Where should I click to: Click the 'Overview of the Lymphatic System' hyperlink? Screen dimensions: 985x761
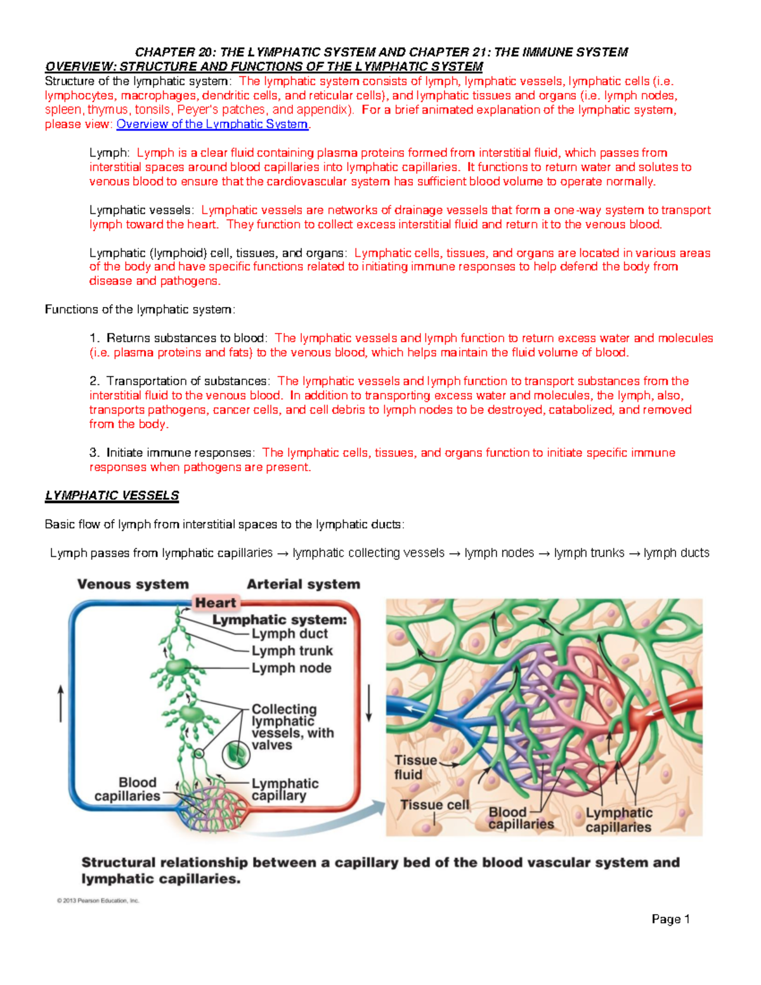point(212,124)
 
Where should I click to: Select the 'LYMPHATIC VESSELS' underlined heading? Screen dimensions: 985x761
point(112,496)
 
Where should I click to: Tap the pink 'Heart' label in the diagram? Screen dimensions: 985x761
point(215,603)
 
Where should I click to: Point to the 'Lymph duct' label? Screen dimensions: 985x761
point(289,634)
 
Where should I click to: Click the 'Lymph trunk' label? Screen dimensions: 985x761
point(292,651)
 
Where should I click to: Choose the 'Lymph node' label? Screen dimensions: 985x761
point(291,668)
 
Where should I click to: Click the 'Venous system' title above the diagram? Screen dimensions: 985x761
point(133,584)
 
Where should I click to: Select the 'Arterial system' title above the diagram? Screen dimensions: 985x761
point(303,584)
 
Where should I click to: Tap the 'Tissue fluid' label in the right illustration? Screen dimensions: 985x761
point(415,767)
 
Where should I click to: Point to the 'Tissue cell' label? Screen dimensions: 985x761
point(434,805)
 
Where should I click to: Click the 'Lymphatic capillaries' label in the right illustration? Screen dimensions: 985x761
point(618,820)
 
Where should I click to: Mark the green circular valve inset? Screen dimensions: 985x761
point(236,754)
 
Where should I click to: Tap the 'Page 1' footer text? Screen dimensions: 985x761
point(670,919)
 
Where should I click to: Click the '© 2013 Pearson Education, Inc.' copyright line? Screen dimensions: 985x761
point(98,900)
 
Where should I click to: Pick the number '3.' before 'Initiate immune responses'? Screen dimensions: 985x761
point(94,453)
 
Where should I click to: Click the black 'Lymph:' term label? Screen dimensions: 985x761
point(109,153)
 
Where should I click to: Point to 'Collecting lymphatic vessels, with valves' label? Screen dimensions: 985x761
point(292,727)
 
